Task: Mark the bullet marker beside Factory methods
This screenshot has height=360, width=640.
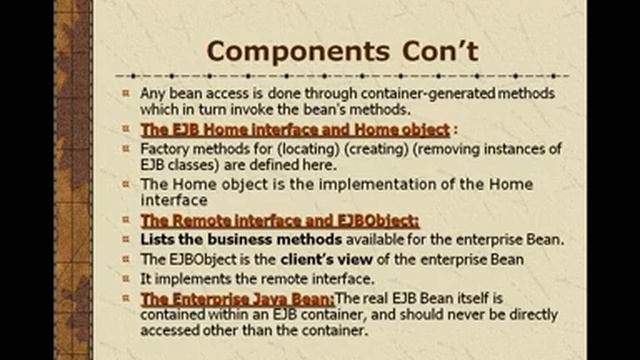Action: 126,148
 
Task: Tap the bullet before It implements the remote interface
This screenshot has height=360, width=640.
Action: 126,278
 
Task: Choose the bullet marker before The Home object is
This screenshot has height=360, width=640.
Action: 126,184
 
